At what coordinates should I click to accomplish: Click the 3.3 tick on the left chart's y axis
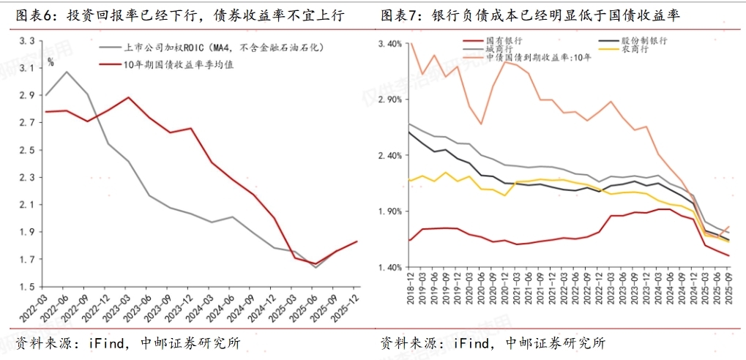27,41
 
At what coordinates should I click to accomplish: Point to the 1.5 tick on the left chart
27,287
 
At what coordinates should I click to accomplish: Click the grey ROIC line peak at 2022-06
67,72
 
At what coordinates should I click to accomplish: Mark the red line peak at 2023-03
129,97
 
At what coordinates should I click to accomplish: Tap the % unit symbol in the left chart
51,62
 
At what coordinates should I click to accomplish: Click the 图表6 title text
31,15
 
